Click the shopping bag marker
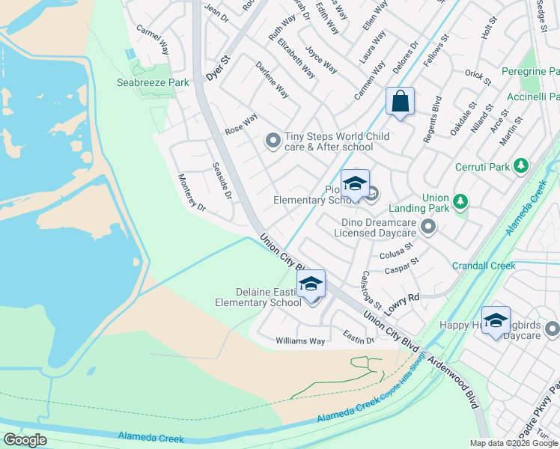coord(400,101)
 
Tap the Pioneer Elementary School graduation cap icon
coord(355,183)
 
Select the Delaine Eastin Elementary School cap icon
coord(311,284)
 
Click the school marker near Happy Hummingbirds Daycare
coord(495,320)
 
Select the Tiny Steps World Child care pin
coord(273,140)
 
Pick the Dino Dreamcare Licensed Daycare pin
coord(427,227)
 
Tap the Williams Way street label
coord(300,341)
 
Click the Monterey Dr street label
coord(191,194)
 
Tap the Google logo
coord(25,440)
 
